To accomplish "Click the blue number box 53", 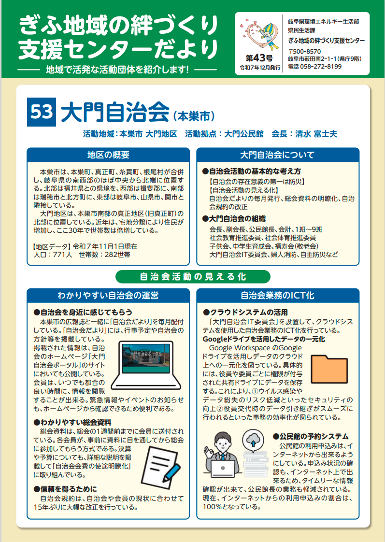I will click(x=42, y=112).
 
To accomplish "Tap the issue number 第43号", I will click(x=260, y=58).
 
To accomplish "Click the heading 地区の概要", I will click(x=108, y=155).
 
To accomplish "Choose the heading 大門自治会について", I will click(x=277, y=155).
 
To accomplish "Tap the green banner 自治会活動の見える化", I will click(x=193, y=276).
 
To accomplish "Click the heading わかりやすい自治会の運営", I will click(x=108, y=295).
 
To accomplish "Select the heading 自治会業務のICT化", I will click(x=277, y=295).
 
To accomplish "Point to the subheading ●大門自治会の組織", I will click(x=233, y=218).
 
